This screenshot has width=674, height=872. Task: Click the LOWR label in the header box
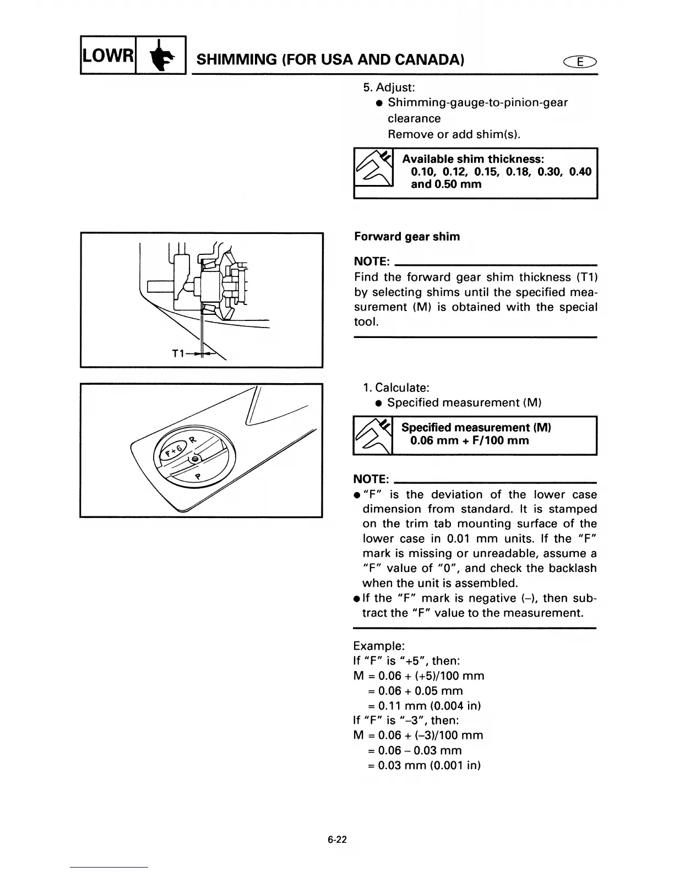click(108, 56)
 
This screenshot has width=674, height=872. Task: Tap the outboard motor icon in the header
click(161, 56)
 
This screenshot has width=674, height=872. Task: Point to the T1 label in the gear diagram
click(178, 353)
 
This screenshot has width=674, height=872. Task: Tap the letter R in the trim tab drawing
click(192, 439)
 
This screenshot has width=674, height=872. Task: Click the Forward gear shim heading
click(407, 237)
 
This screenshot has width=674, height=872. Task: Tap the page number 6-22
click(336, 840)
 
